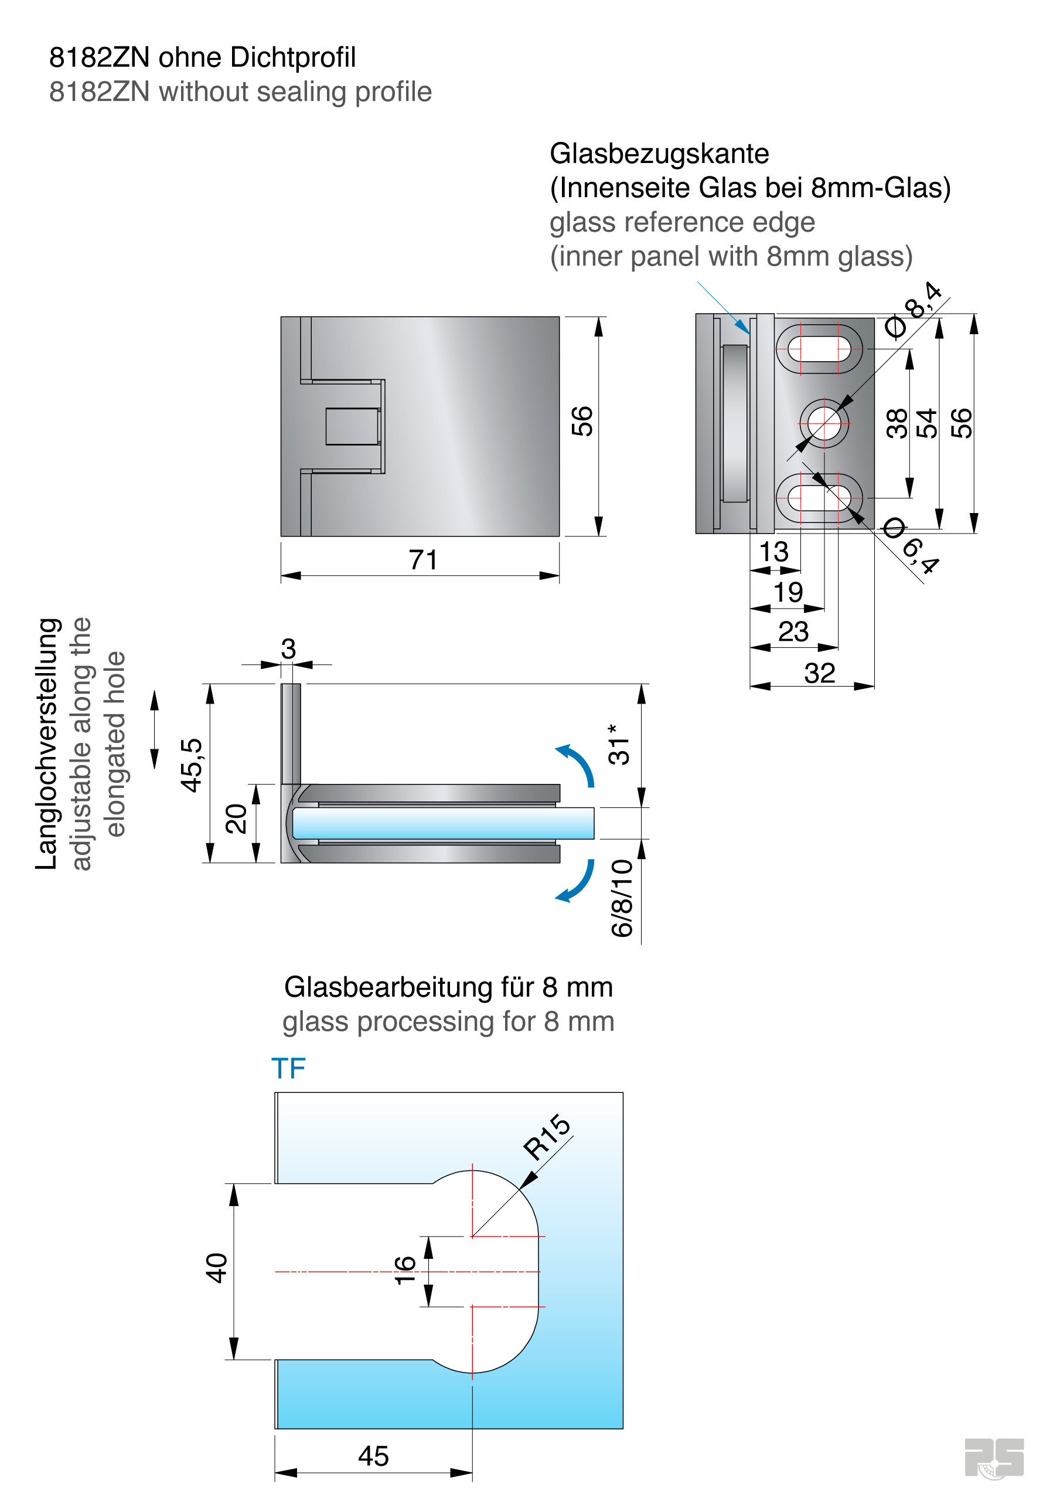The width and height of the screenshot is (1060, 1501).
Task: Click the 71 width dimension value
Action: pyautogui.click(x=423, y=561)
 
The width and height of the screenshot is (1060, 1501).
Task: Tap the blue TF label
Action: pyautogui.click(x=288, y=1069)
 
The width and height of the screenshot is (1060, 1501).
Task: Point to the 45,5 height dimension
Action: pyautogui.click(x=192, y=766)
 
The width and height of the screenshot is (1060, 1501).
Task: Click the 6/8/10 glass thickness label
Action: pyautogui.click(x=622, y=898)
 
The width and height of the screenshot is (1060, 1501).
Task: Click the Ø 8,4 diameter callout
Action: pyautogui.click(x=915, y=310)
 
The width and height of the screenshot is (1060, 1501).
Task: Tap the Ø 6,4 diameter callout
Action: pyautogui.click(x=912, y=545)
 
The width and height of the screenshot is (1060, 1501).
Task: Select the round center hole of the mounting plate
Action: pyautogui.click(x=824, y=424)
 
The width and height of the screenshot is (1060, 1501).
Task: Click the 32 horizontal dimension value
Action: pyautogui.click(x=820, y=673)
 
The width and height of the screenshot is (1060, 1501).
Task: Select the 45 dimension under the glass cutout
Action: pyautogui.click(x=373, y=1456)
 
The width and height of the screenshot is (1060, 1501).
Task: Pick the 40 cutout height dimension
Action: pyautogui.click(x=216, y=1268)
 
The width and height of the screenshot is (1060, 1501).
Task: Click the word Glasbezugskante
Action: pyautogui.click(x=659, y=154)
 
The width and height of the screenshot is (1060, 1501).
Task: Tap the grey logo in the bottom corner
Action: pyautogui.click(x=993, y=1458)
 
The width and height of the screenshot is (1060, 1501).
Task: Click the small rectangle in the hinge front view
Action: pyautogui.click(x=352, y=426)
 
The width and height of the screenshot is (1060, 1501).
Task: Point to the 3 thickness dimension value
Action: pyautogui.click(x=288, y=648)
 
